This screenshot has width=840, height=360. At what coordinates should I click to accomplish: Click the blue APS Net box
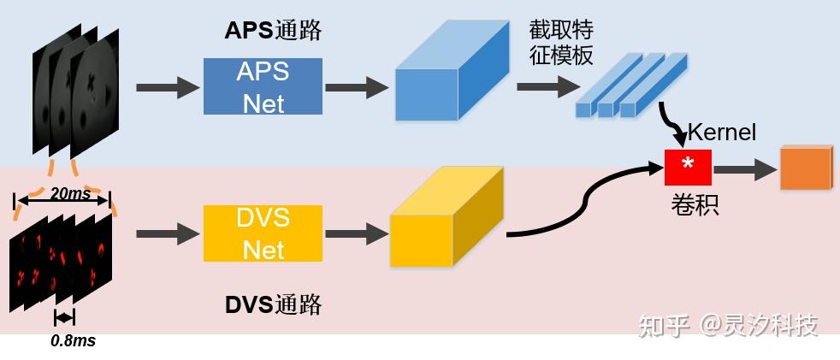263,86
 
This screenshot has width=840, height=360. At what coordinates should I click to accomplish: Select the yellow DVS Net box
263,233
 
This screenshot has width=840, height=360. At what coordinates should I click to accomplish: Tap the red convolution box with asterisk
688,167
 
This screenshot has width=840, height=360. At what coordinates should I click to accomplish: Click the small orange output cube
805,167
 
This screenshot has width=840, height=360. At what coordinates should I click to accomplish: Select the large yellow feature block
445,219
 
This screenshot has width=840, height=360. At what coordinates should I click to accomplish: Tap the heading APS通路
273,30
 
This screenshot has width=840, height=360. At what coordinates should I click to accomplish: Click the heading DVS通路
273,304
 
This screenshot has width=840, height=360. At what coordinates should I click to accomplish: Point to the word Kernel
722,132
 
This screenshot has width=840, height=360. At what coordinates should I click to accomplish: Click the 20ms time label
70,194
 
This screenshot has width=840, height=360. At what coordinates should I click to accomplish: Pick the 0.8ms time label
73,341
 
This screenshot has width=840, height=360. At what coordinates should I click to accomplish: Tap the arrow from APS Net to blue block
358,86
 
